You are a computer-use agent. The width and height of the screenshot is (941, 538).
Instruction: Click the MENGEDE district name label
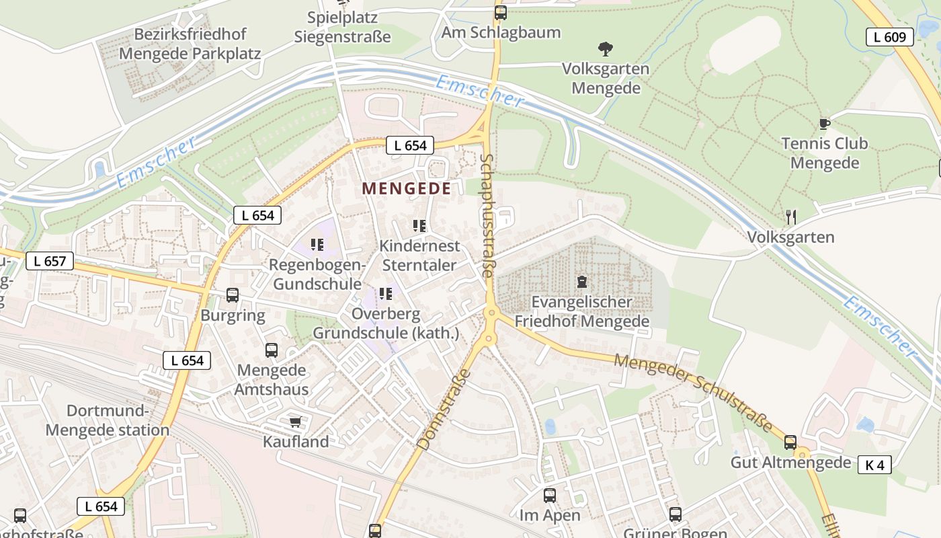coord(407,188)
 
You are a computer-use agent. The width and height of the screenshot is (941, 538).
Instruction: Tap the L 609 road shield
coord(889,37)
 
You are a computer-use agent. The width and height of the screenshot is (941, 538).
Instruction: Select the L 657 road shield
coord(50,261)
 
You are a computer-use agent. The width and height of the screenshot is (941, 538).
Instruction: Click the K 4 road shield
coord(874,465)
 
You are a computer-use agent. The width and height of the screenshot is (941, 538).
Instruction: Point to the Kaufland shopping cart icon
coord(295,422)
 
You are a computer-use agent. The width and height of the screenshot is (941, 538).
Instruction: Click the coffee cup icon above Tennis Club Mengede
coord(824,124)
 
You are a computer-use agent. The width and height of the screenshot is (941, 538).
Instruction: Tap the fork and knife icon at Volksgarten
coord(791,217)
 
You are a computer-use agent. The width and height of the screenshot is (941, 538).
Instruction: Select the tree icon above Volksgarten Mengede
coord(605,48)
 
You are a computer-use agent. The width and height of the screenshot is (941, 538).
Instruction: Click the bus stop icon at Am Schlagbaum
coord(500,12)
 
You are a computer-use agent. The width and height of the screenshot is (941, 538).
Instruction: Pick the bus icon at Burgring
coord(233,295)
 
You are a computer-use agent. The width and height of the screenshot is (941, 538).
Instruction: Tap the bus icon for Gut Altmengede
coord(790,442)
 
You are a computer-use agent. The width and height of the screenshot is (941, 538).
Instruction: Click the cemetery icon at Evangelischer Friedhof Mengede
coord(582,282)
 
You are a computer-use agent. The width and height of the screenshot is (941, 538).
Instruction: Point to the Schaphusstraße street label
coord(488,215)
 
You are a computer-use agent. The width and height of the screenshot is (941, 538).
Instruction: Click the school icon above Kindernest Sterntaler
coord(419,225)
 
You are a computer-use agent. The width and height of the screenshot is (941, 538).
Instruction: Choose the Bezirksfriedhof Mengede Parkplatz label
coord(190,44)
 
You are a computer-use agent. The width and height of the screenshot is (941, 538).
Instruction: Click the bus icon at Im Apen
coord(549,496)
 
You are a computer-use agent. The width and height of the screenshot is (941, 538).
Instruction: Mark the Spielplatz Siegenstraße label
coord(342,27)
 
